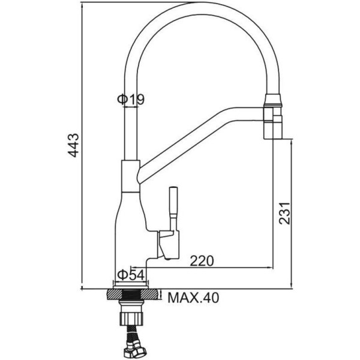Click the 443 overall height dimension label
[73, 145]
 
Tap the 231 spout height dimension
[284, 213]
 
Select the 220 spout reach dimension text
[202, 261]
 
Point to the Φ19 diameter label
[131, 100]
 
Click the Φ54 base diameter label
[131, 275]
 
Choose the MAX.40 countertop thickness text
[194, 298]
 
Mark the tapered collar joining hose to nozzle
[272, 100]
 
